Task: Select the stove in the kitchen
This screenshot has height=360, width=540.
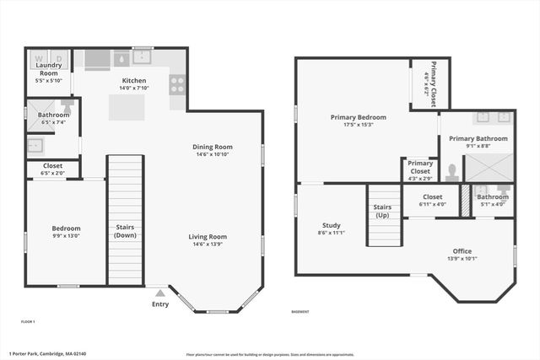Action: point(178,83)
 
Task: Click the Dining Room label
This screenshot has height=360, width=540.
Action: point(213,147)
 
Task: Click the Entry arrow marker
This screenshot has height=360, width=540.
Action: point(159,293)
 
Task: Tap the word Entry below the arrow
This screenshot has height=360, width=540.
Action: point(159,304)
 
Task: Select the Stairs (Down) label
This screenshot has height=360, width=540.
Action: point(125,230)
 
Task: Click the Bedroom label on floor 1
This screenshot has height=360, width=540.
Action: point(66,228)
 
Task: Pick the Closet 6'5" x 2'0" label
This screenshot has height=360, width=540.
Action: point(52,167)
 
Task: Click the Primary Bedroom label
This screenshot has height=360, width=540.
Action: point(358,117)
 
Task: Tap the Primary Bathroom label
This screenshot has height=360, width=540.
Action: point(478,138)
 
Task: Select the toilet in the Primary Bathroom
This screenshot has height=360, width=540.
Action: point(452,173)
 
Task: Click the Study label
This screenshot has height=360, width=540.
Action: point(331,225)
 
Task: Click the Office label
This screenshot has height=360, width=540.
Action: point(462,250)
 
